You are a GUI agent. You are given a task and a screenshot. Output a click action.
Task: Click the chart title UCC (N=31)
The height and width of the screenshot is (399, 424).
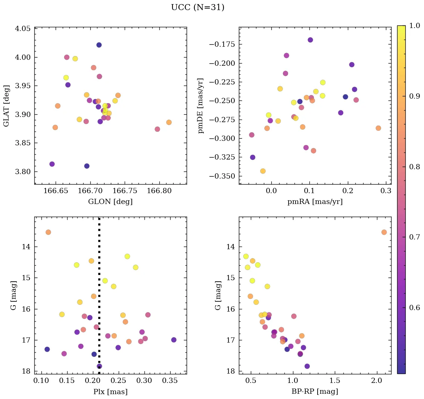(197, 7)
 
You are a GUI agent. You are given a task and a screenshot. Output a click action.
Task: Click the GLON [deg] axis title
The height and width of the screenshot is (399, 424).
(110, 202)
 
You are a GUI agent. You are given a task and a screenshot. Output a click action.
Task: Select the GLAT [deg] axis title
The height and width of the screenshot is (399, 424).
(7, 105)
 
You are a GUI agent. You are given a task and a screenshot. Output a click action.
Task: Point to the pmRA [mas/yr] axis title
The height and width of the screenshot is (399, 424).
(315, 202)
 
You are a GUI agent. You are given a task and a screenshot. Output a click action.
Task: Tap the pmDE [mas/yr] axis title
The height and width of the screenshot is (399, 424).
(201, 105)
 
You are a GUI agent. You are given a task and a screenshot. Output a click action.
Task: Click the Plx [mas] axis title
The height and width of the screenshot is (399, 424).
(110, 392)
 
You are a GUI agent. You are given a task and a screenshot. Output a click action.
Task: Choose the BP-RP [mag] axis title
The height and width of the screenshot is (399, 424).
(315, 392)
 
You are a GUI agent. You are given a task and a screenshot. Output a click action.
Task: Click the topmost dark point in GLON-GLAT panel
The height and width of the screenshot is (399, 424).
(99, 45)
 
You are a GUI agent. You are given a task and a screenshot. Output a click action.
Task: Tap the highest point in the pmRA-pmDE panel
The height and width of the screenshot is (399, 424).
(310, 40)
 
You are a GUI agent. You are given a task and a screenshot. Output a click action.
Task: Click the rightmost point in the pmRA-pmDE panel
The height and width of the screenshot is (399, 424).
(378, 128)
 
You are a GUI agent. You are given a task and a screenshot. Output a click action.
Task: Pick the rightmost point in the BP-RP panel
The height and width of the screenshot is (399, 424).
(384, 232)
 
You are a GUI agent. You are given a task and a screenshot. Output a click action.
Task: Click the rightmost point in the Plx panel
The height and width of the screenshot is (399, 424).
(174, 340)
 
